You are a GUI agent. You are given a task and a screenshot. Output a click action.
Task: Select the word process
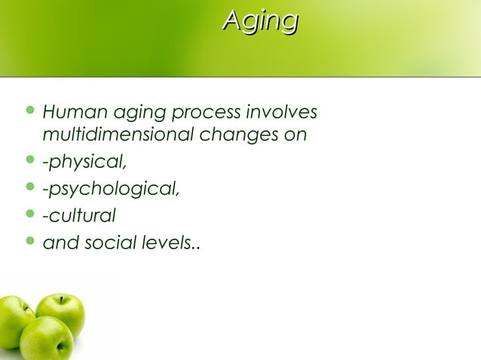206,114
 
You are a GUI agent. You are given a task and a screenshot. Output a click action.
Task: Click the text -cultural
78,216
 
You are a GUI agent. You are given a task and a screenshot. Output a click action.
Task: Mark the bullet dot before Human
30,114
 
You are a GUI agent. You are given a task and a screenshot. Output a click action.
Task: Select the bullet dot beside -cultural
30,216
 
